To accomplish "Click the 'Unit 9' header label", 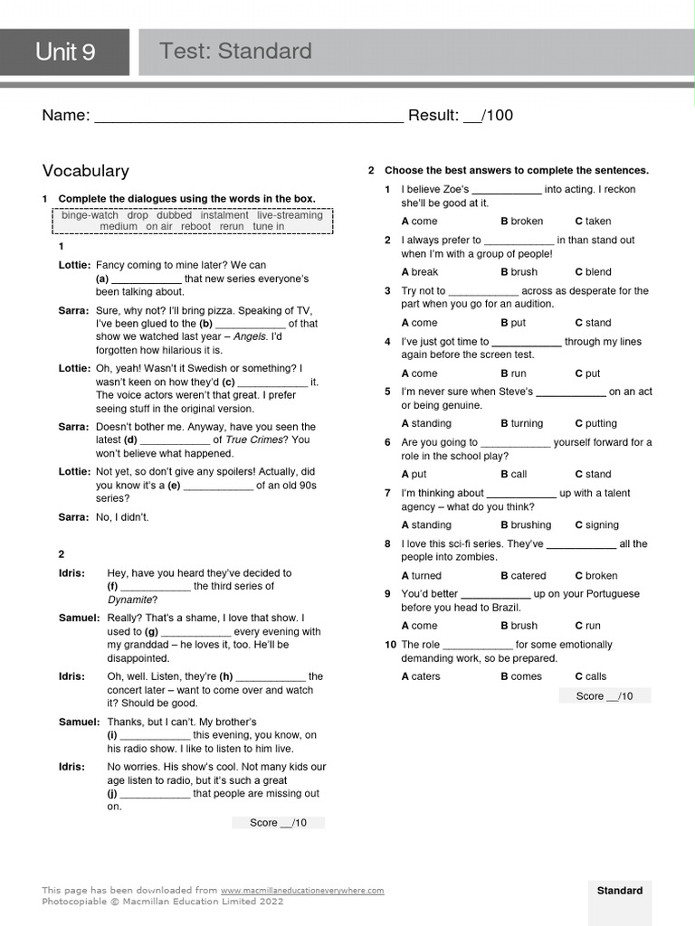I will pos(65,52).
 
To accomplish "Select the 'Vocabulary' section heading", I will pos(86,171).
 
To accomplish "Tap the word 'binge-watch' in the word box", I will pos(90,215).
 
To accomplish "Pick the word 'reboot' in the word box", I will pos(195,226).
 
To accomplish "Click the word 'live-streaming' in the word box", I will pos(290,215).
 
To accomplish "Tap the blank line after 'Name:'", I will pos(249,117).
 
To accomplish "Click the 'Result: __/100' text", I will pos(461,115).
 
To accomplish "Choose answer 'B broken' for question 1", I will pos(521,222).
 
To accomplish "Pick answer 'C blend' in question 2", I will pos(593,272).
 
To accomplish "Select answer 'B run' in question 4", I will pos(513,373).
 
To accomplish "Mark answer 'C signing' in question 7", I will pos(596,525).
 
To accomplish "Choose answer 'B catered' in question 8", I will pos(523,576).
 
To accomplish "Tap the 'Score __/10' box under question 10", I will pos(605,695).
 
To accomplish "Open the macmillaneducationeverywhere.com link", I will pos(302,891).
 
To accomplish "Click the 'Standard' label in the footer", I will pos(620,891).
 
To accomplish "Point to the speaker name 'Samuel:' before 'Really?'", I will pos(79,618).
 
